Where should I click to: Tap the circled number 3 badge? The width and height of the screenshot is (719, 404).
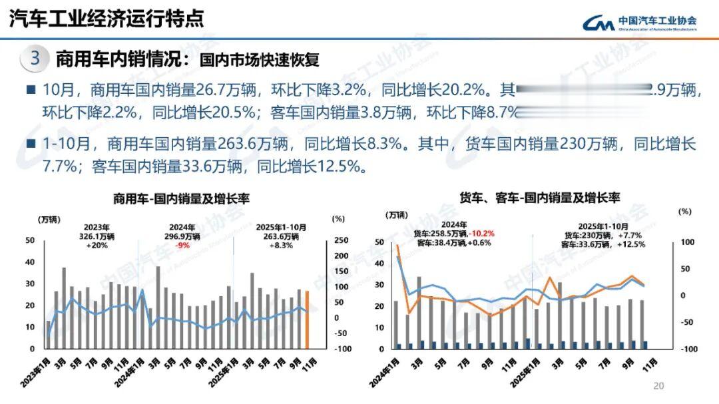[x=35, y=59]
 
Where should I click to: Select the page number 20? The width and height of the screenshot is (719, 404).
[x=659, y=386]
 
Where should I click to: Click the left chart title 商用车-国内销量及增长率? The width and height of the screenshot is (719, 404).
[x=182, y=199]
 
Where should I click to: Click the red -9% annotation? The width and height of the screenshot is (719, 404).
[x=182, y=245]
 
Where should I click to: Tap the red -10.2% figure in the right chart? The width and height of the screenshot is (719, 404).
[x=483, y=234]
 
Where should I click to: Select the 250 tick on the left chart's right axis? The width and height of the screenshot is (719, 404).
[x=340, y=240]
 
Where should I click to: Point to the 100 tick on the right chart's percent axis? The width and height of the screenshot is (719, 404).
[x=685, y=242]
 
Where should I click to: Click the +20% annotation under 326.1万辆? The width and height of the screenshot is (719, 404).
[x=97, y=245]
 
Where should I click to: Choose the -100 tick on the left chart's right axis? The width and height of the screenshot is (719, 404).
[x=340, y=349]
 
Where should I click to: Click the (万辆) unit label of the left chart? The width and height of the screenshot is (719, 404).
[x=49, y=219]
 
